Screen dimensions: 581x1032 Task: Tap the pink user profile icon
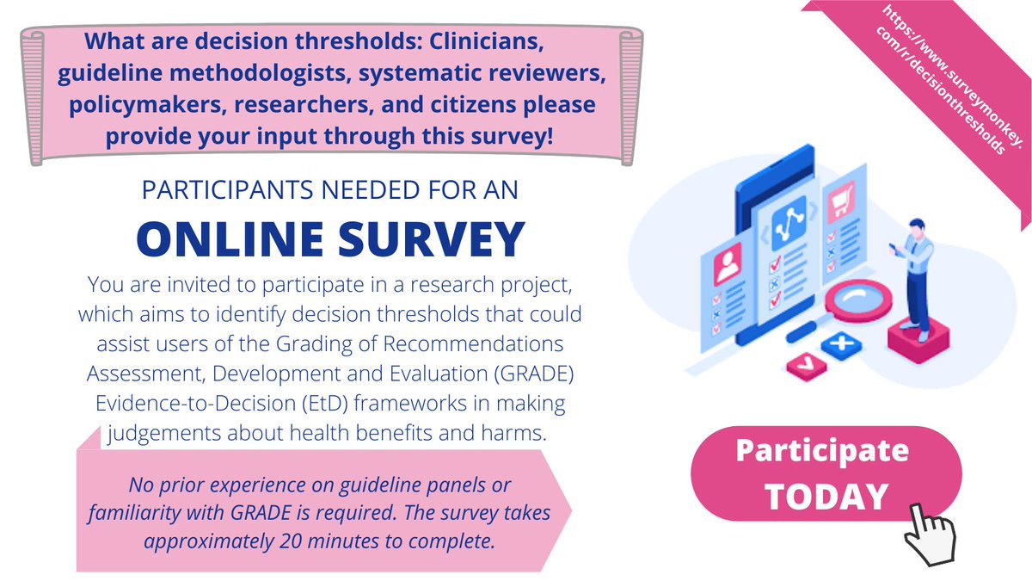point(728,259)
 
